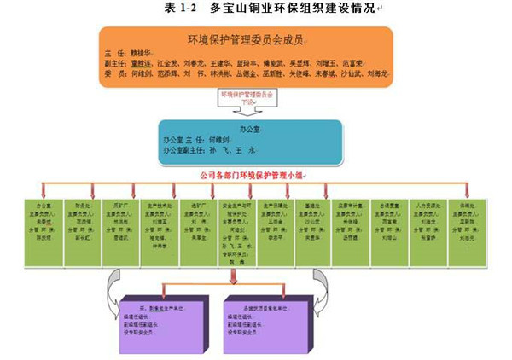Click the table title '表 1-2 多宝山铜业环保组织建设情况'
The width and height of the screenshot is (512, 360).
pos(255,8)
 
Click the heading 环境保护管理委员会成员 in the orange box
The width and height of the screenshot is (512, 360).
pos(246,39)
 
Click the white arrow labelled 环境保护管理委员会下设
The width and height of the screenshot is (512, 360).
pos(248,101)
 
